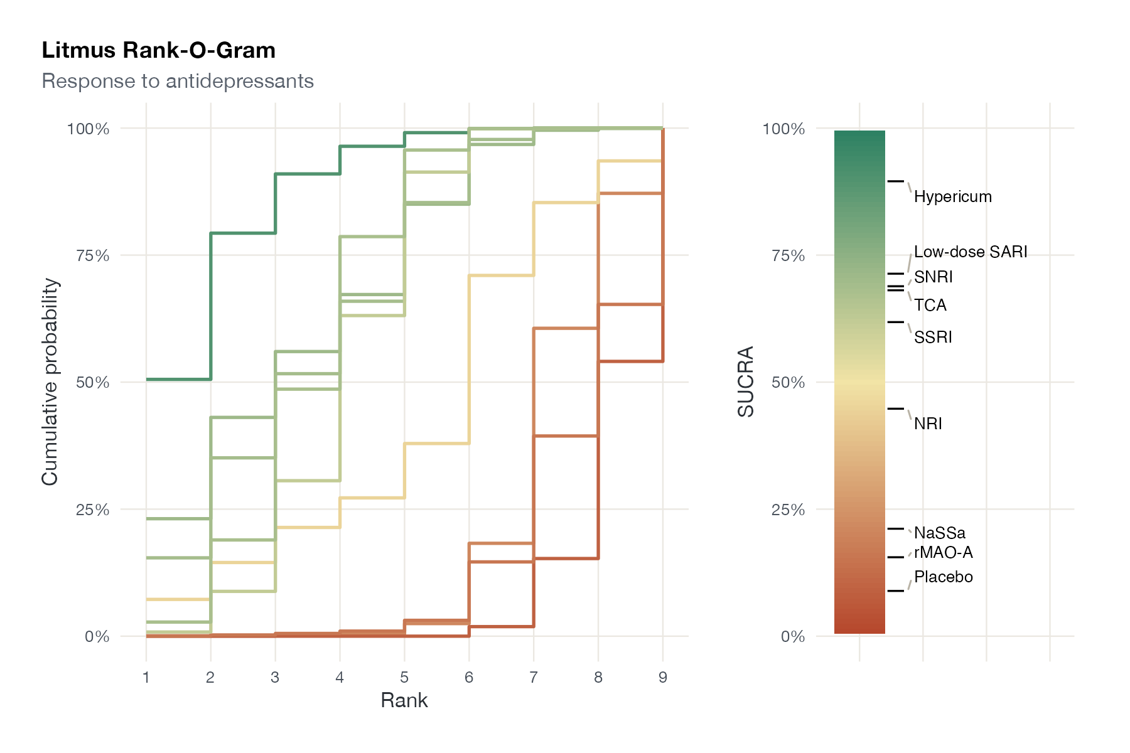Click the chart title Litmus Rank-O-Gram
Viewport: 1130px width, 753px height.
click(x=159, y=50)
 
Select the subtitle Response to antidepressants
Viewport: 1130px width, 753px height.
click(x=178, y=81)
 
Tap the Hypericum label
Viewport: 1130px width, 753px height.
click(x=953, y=197)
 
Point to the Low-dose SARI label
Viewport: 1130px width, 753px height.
click(x=971, y=252)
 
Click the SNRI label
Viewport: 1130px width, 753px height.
click(x=934, y=277)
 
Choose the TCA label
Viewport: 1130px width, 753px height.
click(x=930, y=306)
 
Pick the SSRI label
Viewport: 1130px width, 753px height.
click(x=933, y=337)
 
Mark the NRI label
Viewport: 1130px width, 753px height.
click(x=928, y=424)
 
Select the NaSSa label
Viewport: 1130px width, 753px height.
click(x=940, y=533)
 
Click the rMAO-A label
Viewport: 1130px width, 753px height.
click(x=944, y=552)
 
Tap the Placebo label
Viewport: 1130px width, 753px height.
click(x=944, y=577)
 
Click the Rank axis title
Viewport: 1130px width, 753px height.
click(x=404, y=700)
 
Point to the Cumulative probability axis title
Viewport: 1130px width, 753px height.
click(x=50, y=382)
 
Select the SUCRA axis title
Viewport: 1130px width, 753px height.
click(x=746, y=382)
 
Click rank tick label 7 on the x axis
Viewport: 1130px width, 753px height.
click(x=534, y=677)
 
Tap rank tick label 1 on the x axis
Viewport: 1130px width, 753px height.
click(x=146, y=677)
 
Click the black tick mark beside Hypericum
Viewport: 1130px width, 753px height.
click(x=896, y=181)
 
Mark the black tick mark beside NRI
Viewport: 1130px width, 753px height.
click(x=896, y=409)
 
